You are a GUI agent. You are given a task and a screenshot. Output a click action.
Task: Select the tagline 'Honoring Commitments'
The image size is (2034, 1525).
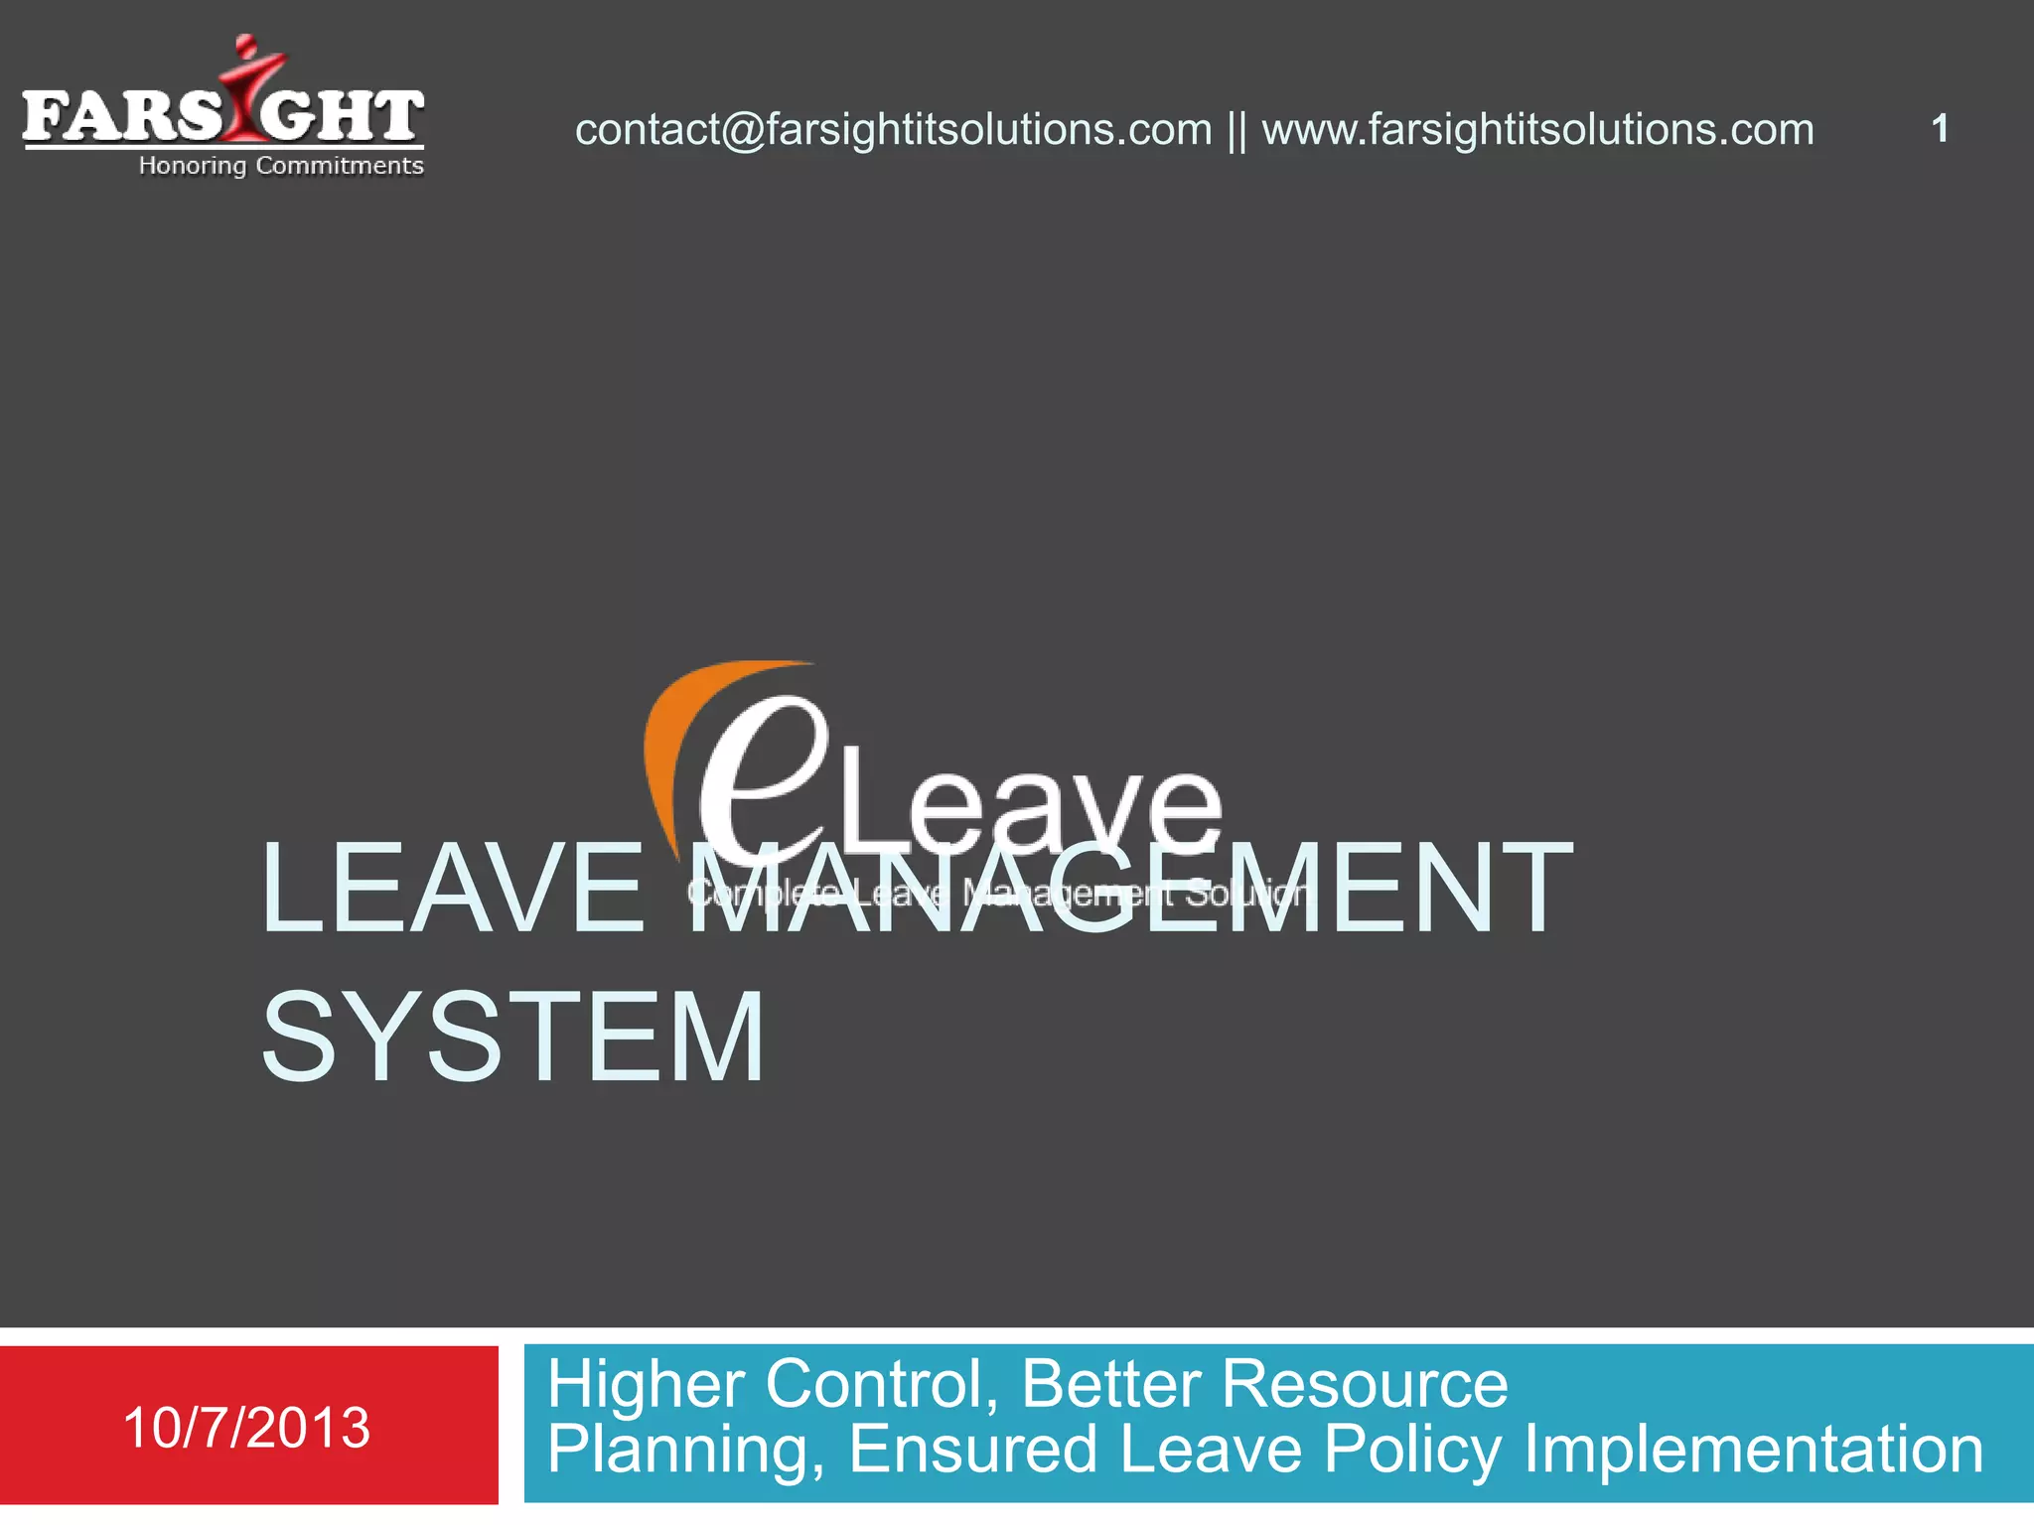point(281,166)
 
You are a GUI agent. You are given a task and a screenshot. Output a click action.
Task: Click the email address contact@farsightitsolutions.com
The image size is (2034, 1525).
point(893,130)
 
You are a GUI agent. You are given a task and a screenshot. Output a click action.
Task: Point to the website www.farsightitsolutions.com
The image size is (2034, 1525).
point(1537,130)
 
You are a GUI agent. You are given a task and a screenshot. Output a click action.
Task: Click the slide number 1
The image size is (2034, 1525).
point(1940,129)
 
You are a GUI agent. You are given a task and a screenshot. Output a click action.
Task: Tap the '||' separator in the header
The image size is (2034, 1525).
point(1236,131)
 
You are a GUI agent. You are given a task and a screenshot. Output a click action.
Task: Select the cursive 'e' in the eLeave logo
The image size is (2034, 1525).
point(760,774)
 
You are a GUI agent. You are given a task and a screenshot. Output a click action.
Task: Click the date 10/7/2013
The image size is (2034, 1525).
point(246,1428)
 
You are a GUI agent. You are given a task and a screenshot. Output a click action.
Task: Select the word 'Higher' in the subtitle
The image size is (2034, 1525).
point(647,1384)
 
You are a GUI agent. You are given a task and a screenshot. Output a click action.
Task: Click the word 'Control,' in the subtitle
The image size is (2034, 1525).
point(882,1384)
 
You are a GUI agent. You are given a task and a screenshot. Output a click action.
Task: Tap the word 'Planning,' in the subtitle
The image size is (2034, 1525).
point(686,1451)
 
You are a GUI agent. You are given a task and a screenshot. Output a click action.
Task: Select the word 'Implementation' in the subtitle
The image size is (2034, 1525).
point(1753,1451)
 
